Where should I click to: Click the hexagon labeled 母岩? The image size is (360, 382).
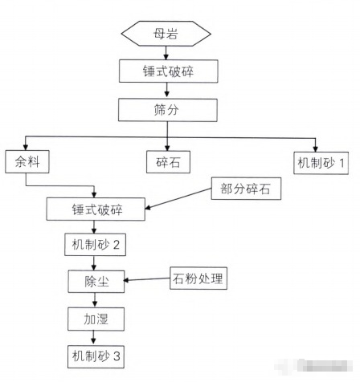(x=166, y=34)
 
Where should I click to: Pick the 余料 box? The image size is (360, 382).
(x=27, y=161)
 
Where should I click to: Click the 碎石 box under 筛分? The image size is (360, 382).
(x=166, y=161)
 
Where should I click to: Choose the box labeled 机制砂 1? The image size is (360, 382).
(x=321, y=161)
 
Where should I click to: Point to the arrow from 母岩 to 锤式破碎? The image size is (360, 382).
(x=166, y=52)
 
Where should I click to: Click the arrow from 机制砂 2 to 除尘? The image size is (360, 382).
(x=96, y=262)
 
